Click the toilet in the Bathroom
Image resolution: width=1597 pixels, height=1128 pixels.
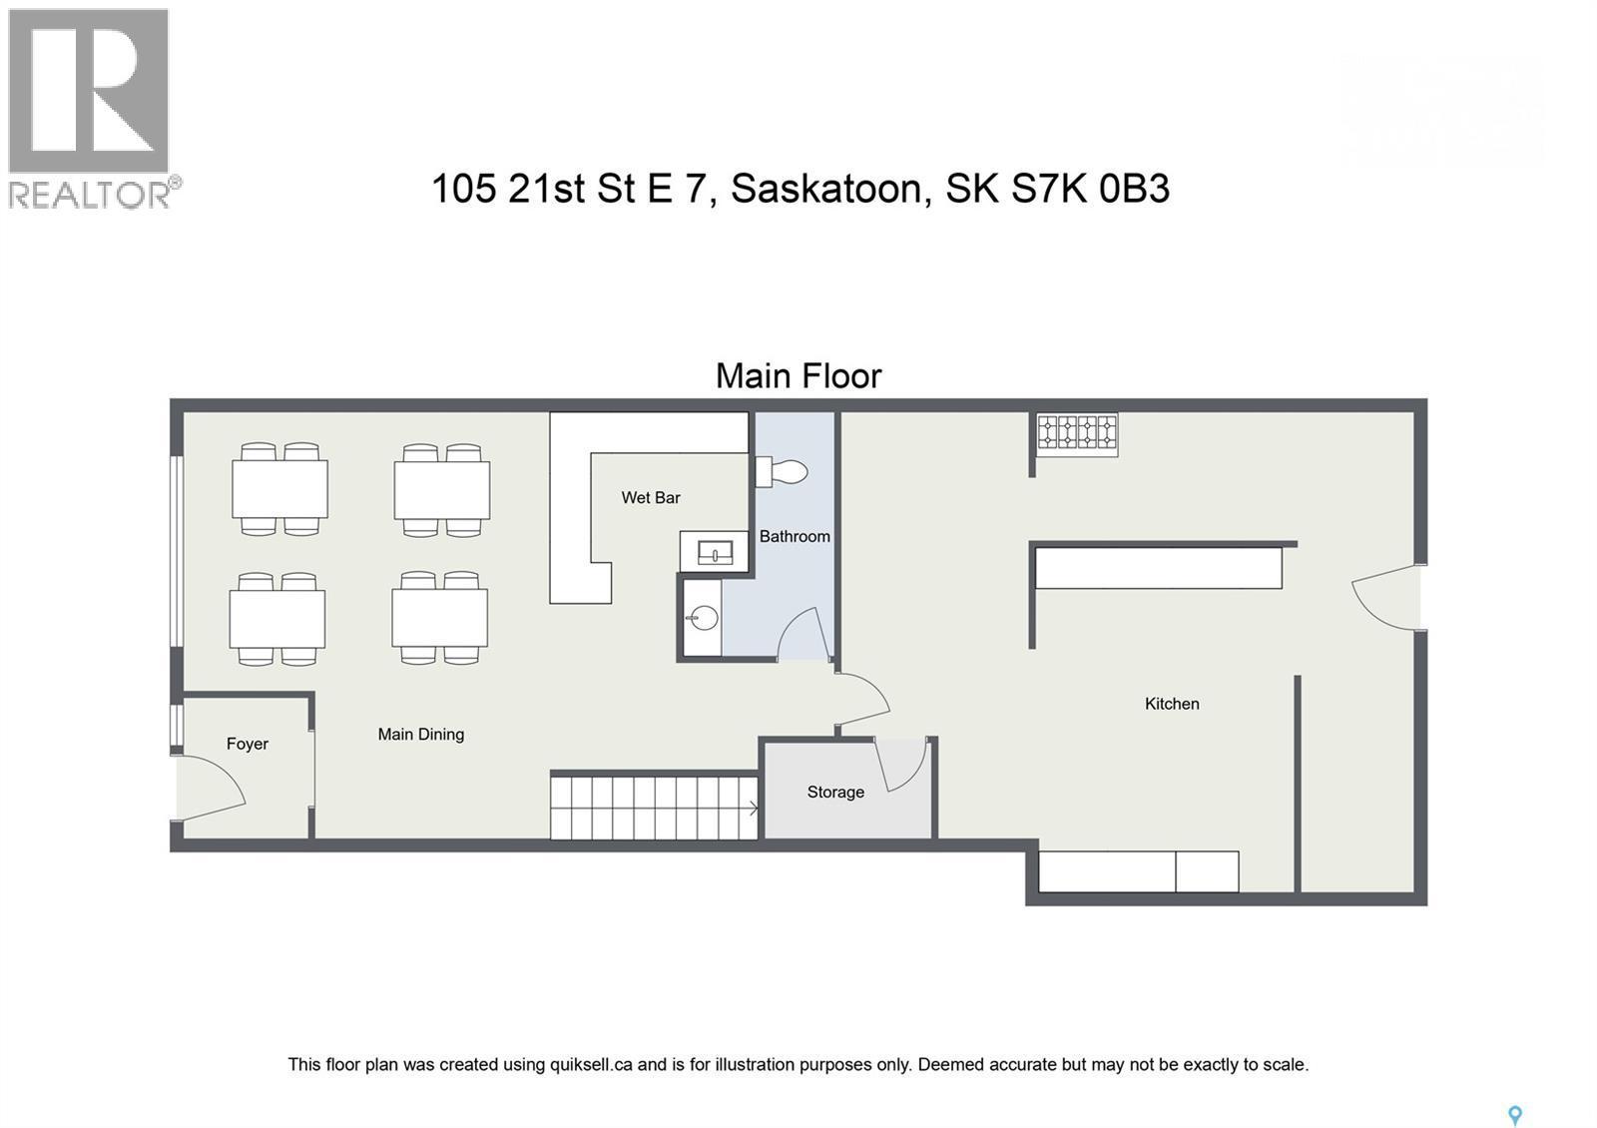pos(784,471)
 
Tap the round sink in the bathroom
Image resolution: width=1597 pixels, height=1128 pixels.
pos(704,619)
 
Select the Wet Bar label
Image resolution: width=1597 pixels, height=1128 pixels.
pos(651,498)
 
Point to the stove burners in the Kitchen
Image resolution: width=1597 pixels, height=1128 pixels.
pos(1076,432)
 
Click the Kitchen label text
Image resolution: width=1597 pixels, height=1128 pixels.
pos(1172,704)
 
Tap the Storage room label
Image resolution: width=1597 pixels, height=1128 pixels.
pos(835,793)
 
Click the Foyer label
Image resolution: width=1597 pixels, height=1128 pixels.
pos(248,744)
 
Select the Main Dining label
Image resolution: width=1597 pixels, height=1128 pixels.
pos(420,735)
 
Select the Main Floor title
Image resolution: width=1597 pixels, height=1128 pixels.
pos(798,376)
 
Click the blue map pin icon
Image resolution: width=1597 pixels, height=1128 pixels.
pos(1514,1115)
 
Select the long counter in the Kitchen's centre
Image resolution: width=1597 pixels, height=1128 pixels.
pos(1158,568)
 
